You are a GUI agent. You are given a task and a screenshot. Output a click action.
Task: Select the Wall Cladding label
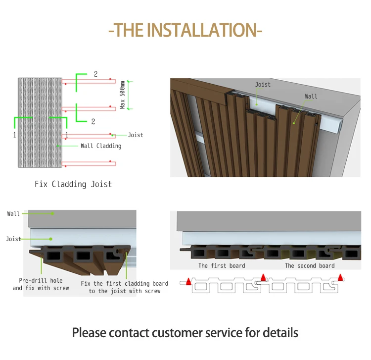(101, 146)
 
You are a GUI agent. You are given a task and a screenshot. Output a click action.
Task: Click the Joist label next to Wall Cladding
(136, 135)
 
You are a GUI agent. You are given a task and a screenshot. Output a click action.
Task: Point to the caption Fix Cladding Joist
(73, 184)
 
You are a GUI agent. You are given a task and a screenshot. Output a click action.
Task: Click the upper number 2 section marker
(95, 75)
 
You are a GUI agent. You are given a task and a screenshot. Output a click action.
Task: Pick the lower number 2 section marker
(93, 121)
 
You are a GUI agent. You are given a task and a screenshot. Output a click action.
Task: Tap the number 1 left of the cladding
(14, 134)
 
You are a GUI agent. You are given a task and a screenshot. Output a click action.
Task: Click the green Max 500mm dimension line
(129, 95)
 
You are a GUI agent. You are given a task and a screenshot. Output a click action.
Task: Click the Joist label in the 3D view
(263, 85)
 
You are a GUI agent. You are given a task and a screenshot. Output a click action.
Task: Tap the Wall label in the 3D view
(311, 97)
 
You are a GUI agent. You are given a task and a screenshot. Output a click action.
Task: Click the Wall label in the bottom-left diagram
(14, 214)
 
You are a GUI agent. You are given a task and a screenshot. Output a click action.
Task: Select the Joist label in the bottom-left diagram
(13, 239)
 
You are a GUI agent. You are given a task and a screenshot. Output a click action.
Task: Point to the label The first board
(222, 266)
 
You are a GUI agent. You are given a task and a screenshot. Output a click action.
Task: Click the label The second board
(310, 266)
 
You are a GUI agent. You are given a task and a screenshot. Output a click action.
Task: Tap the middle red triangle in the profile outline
(264, 278)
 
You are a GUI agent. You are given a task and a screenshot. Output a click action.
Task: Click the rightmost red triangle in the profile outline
(340, 278)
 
